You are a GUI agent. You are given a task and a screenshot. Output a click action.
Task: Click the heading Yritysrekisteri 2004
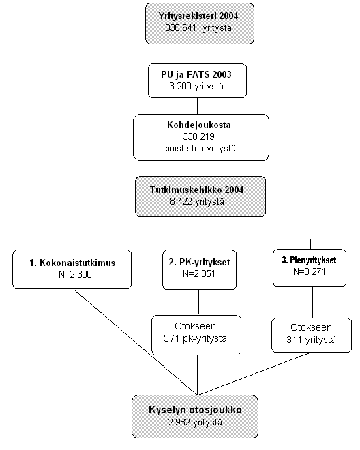[198, 16]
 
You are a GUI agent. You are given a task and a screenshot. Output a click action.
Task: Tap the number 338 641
[181, 28]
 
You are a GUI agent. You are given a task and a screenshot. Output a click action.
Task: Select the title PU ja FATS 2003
[196, 74]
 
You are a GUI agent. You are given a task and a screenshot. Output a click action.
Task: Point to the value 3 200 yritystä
[196, 87]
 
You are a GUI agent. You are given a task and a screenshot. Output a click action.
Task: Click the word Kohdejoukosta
[199, 125]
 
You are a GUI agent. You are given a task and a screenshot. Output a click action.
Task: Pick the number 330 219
[198, 136]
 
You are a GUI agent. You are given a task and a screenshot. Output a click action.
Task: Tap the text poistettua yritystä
[200, 149]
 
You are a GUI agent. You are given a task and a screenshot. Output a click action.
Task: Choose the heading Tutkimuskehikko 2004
[196, 190]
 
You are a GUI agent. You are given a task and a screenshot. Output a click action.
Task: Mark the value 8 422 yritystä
[197, 201]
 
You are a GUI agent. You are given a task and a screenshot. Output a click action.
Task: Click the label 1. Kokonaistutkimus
[72, 262]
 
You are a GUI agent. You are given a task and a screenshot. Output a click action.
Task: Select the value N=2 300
[75, 274]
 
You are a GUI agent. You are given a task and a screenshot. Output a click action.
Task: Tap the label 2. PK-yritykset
[199, 262]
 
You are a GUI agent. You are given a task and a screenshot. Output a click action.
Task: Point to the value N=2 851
[199, 274]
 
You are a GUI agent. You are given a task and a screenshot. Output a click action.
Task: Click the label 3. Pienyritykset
[309, 260]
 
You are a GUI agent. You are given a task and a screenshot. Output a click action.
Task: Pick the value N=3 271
[310, 271]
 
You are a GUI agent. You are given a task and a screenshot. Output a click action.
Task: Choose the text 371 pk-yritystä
[195, 338]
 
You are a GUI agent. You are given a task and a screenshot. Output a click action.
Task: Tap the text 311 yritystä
[311, 340]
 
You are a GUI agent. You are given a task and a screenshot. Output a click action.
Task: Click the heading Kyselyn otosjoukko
[195, 410]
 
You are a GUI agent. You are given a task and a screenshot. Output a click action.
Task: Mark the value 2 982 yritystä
[195, 423]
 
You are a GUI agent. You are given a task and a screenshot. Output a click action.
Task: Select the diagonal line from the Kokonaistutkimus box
[136, 342]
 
